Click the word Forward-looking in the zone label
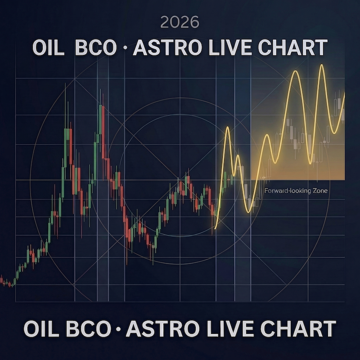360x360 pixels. (x=285, y=191)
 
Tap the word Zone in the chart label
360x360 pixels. (x=319, y=191)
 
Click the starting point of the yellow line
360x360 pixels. (x=216, y=228)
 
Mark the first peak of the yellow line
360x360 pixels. (x=227, y=128)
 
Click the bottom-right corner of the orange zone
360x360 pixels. (x=344, y=180)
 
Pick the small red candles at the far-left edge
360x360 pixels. (x=5, y=283)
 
